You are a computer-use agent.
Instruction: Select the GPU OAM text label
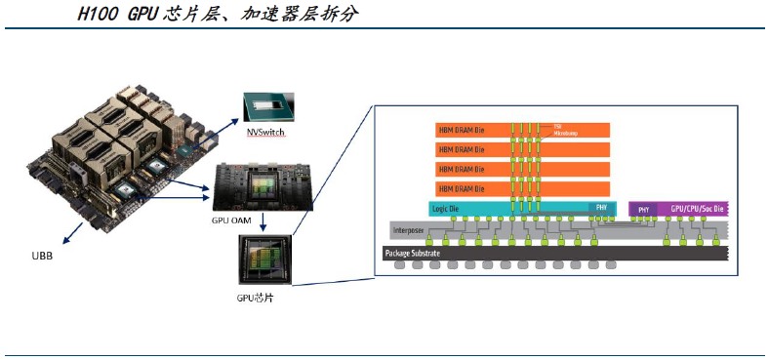[233, 220]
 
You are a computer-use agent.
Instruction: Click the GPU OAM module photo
[263, 185]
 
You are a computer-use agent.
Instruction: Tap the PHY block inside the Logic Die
[601, 208]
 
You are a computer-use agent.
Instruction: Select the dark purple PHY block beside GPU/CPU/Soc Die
[643, 209]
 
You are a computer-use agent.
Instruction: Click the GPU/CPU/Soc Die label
[698, 209]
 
